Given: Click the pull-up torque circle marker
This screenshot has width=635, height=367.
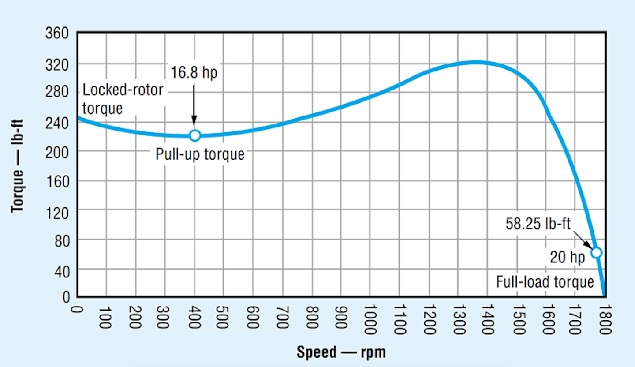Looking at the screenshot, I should point(195,135).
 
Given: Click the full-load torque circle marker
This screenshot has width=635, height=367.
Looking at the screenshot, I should point(596,252).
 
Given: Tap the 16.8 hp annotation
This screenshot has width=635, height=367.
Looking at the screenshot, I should point(194,73).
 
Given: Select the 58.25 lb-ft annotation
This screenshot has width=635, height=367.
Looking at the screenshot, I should point(538,224).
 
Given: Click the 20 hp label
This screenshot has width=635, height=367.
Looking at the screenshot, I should point(567,257).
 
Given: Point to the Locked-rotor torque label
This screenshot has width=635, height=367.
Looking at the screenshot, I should point(123,98).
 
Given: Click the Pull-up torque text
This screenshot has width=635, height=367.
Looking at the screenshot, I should point(200,154).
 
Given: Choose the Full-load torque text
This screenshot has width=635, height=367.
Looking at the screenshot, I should point(545,281).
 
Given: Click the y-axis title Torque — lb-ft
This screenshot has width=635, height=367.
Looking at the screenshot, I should point(18,165).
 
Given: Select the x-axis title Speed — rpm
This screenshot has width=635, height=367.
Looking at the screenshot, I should point(341,352).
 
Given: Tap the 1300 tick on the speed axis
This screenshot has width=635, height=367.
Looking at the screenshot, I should point(458,317).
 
